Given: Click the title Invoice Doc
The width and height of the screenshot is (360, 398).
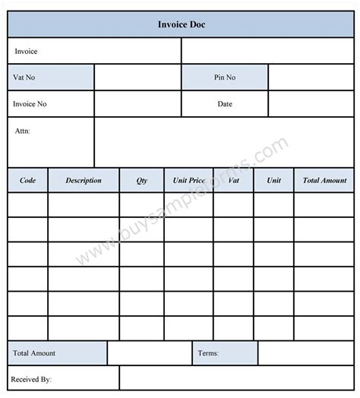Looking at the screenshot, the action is click(180, 24).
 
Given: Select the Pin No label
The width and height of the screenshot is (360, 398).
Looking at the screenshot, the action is click(224, 77).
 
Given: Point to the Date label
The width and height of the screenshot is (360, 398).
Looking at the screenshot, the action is click(224, 103).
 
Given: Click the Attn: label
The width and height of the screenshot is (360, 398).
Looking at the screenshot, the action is click(22, 131).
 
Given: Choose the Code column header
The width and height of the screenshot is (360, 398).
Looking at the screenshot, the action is click(28, 181).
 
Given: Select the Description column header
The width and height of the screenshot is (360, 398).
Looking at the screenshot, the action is click(84, 181).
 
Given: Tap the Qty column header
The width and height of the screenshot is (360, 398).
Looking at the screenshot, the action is click(142, 181).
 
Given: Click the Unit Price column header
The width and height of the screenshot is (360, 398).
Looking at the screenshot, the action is click(189, 181).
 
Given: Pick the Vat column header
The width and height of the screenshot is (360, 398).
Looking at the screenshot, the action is click(233, 181).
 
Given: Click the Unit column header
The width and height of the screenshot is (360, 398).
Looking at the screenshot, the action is click(273, 181).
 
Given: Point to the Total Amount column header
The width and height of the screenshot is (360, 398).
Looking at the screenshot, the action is click(324, 181).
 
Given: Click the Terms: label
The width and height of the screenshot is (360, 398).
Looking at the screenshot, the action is click(208, 353).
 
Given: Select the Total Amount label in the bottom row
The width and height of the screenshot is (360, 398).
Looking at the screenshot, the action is click(35, 353).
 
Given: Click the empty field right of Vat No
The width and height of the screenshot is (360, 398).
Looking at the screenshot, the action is click(137, 77).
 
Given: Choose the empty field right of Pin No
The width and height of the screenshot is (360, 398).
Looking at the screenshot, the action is click(311, 77).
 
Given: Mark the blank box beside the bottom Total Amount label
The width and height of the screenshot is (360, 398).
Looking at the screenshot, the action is click(149, 353).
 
